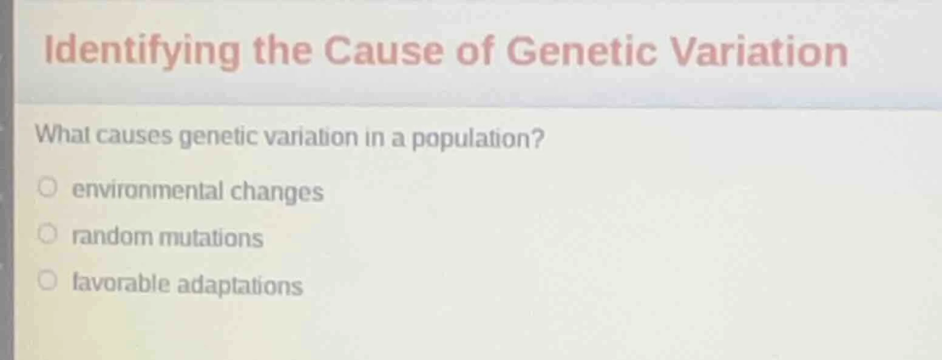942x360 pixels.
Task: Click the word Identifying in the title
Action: (142, 52)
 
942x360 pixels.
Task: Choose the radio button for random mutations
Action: (48, 233)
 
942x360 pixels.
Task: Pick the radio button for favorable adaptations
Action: (48, 280)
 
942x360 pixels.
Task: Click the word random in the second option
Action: (113, 237)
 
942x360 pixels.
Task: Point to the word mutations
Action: (211, 238)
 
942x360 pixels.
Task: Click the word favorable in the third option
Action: (121, 284)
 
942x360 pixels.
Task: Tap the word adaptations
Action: (240, 285)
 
